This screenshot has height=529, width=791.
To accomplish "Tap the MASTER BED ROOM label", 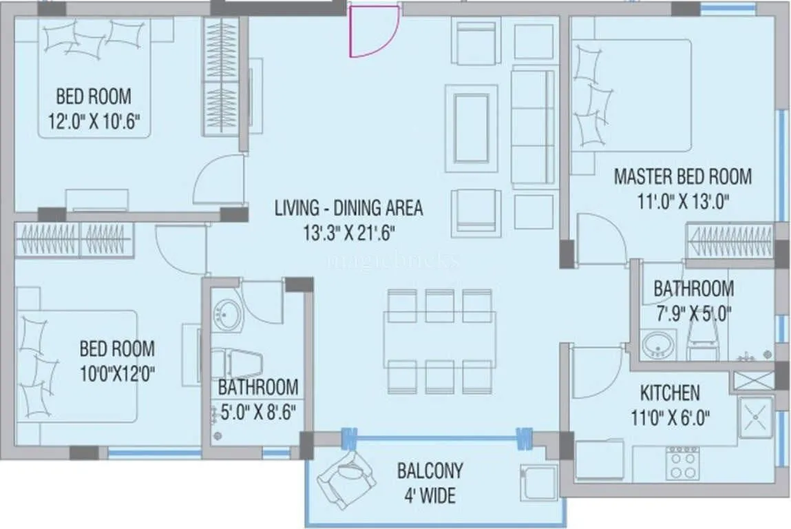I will click(x=682, y=176).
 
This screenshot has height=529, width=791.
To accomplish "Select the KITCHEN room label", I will click(x=670, y=393).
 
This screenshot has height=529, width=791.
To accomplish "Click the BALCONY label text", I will click(x=430, y=471).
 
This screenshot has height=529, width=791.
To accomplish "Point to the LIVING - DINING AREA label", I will click(x=348, y=207).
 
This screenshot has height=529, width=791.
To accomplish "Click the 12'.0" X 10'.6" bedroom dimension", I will click(x=94, y=122).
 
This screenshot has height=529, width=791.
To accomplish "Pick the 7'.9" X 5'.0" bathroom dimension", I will click(x=693, y=313).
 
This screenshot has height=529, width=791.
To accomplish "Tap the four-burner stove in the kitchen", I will click(x=684, y=462).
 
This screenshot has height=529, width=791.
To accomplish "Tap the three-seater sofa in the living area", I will click(x=532, y=127).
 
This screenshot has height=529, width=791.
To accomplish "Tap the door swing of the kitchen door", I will click(x=596, y=372).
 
